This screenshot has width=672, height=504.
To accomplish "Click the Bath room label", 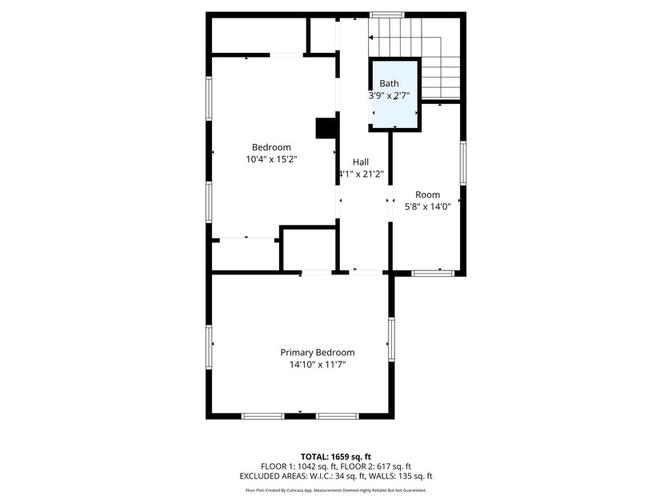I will (x=389, y=83).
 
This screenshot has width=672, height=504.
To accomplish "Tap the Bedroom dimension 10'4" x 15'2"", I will (x=271, y=160).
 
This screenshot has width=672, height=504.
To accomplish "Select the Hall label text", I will (x=361, y=162).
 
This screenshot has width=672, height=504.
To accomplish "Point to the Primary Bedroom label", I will (x=317, y=352).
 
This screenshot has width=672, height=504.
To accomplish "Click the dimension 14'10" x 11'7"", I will (x=317, y=365).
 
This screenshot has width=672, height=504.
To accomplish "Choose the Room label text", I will (x=427, y=194).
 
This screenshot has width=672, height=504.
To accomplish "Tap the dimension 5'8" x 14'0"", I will (x=427, y=206).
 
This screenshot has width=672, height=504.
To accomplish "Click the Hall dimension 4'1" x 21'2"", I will (x=361, y=174).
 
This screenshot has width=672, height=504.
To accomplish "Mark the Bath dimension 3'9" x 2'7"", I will (x=389, y=95).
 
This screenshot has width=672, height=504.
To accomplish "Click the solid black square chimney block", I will (x=326, y=129).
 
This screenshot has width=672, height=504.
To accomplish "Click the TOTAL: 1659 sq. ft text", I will (x=336, y=457).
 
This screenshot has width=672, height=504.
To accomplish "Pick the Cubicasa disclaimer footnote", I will (x=336, y=490).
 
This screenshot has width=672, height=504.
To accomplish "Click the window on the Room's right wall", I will (x=462, y=162).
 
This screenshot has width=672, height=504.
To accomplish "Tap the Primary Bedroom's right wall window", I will (x=392, y=338).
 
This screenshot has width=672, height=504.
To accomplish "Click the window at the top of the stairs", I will (x=386, y=14).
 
